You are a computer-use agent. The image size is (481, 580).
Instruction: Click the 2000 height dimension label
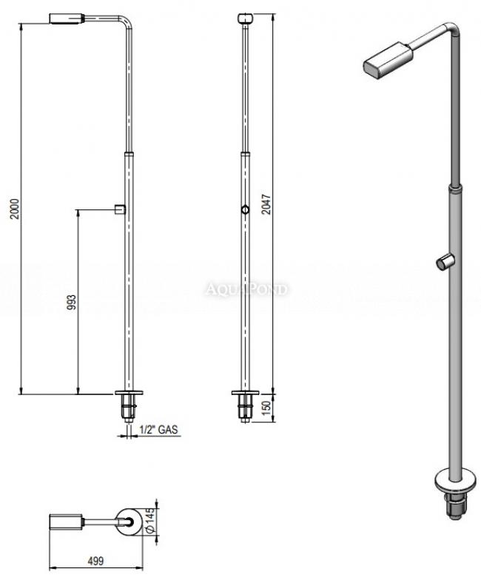click(x=15, y=209)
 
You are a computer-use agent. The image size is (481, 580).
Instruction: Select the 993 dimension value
click(x=72, y=302)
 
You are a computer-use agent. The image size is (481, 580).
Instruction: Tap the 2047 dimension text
click(x=266, y=204)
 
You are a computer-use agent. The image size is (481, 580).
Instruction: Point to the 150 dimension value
click(x=267, y=408)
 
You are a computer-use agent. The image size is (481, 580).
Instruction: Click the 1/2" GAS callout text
click(x=158, y=429)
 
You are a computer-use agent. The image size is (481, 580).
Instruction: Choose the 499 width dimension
click(x=95, y=561)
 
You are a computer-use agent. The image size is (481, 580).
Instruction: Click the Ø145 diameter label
click(x=149, y=521)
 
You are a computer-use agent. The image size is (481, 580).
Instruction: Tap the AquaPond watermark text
click(x=246, y=289)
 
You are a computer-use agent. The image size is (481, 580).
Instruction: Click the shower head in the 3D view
click(x=388, y=60)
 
